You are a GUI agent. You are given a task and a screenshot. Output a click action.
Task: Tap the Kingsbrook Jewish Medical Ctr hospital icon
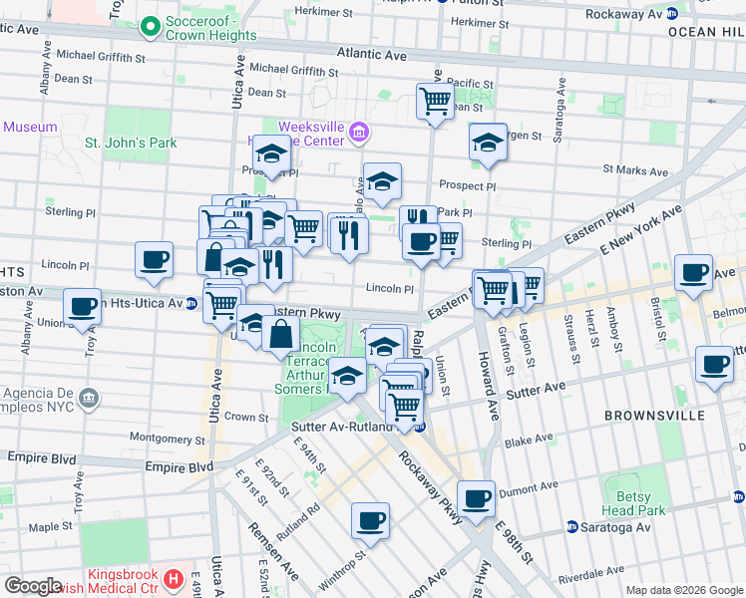(175, 577)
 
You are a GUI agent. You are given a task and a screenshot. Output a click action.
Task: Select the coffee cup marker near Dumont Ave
(477, 497)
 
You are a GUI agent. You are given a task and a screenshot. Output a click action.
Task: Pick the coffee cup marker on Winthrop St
(370, 519)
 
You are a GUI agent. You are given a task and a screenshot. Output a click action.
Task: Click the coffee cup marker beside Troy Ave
(83, 306)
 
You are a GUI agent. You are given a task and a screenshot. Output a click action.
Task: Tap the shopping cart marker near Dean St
(435, 101)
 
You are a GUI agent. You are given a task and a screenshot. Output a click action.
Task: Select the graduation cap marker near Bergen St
(488, 142)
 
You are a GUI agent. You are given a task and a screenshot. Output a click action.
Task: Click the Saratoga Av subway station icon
(572, 526)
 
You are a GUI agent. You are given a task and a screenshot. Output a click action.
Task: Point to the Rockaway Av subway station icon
(672, 14)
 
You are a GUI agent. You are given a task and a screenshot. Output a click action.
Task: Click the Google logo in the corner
(33, 586)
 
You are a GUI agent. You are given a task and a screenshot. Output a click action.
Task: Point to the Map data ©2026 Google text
(684, 590)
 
